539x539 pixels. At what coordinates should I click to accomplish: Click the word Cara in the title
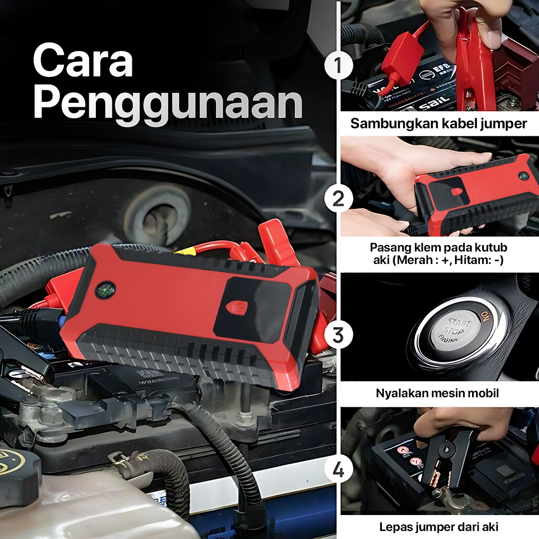coord(83,60)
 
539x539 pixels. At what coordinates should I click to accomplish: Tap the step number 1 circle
coord(338,65)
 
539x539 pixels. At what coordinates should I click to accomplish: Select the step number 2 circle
coord(338,198)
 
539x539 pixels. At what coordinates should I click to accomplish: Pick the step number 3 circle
coord(338,334)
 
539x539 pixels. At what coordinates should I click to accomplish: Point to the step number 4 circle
coord(338,469)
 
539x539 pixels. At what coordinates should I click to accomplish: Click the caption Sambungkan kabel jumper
coord(438,123)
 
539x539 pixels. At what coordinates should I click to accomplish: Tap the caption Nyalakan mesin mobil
coord(437,393)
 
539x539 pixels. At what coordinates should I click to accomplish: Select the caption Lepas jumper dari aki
coord(439,527)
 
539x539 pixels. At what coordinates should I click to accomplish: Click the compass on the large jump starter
coord(105,291)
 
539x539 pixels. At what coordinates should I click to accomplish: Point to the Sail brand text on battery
coord(434,103)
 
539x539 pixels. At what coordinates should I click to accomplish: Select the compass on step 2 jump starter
coord(523,176)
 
